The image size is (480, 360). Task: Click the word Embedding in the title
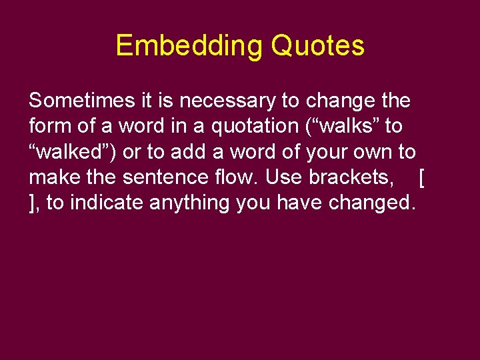pyautogui.click(x=190, y=46)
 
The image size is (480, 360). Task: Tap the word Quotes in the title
pyautogui.click(x=318, y=46)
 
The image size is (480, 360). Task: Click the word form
pyautogui.click(x=47, y=126)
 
